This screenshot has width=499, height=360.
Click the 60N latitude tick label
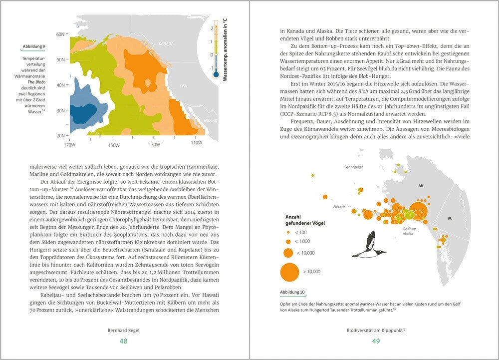(x=60, y=34)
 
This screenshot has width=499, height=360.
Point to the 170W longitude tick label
(x=70, y=145)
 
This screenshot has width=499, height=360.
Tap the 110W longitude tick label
(x=196, y=143)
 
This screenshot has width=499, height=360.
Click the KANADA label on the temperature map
(x=166, y=44)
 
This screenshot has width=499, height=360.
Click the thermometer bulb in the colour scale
(x=216, y=74)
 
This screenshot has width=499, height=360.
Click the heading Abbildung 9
(x=34, y=46)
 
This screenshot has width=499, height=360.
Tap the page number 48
(x=123, y=341)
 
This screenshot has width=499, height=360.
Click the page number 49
(x=376, y=341)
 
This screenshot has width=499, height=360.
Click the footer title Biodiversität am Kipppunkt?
(x=376, y=330)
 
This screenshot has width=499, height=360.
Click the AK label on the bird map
(x=420, y=185)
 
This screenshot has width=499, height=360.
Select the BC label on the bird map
(x=450, y=218)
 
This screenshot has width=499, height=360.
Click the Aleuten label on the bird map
(x=339, y=206)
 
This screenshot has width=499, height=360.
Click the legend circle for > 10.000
(x=288, y=272)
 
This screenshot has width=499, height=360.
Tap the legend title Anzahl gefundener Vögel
(x=304, y=220)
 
